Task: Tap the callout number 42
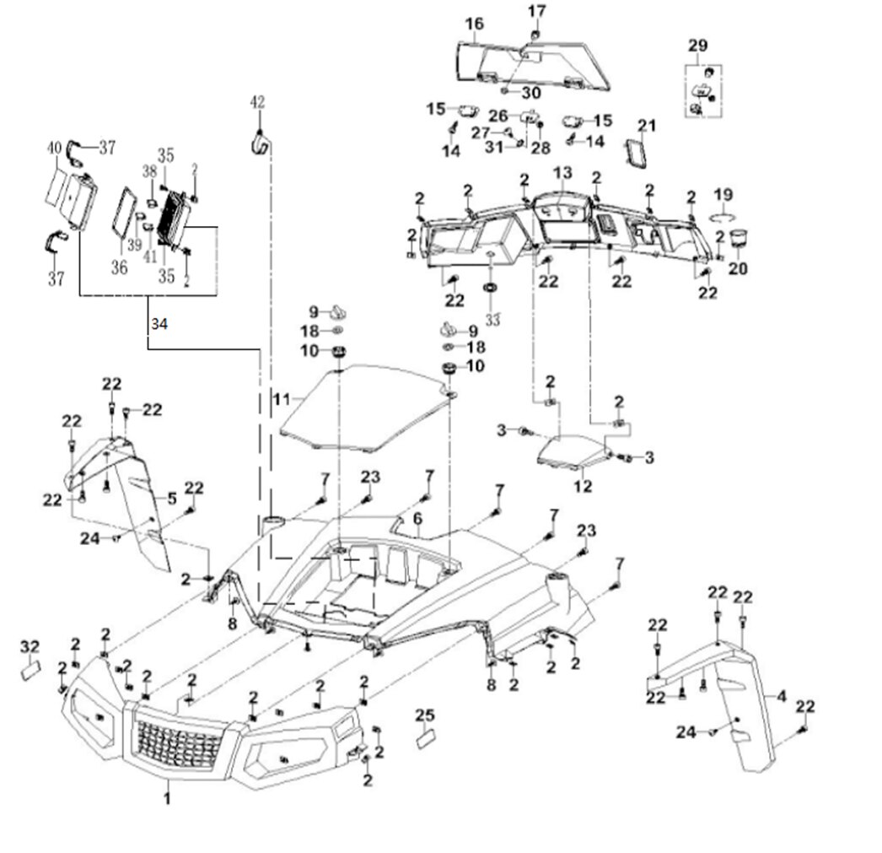tap(257, 102)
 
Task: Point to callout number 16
tap(475, 24)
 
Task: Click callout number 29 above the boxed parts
tap(697, 45)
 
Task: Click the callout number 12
tap(582, 486)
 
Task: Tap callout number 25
tap(425, 716)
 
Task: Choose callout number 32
tap(30, 646)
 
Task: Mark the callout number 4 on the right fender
tap(782, 697)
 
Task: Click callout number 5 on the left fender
tap(172, 499)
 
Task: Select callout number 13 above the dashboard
tap(562, 172)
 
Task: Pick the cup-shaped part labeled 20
tap(739, 239)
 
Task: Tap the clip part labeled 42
tap(258, 143)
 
